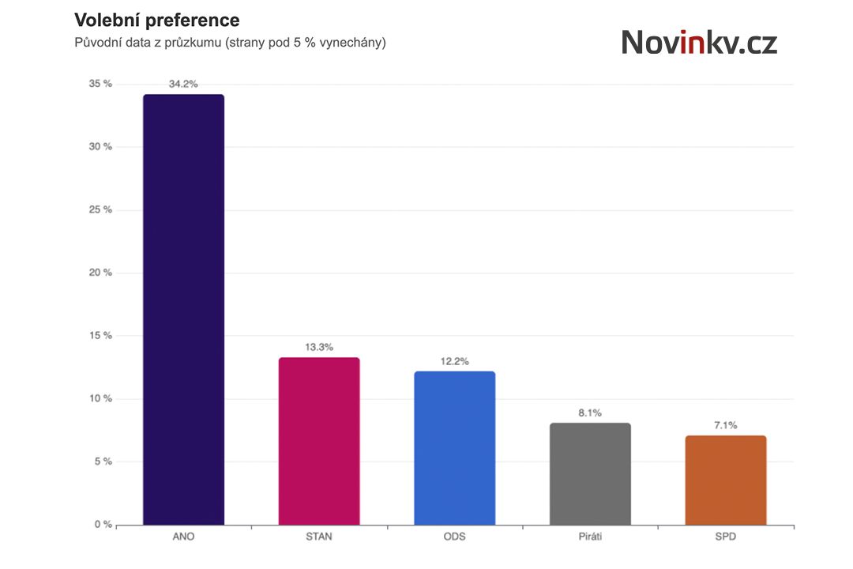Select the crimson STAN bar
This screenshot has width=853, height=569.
tap(319, 441)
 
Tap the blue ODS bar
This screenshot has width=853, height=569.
tap(454, 448)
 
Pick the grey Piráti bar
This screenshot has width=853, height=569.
tap(590, 474)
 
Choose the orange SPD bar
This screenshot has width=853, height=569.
tap(725, 480)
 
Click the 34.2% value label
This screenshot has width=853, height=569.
tap(183, 83)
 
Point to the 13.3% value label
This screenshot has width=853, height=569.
tap(319, 347)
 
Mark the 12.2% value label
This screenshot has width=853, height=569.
tap(454, 361)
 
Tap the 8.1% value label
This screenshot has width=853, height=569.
tap(590, 413)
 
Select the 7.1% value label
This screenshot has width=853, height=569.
tap(725, 425)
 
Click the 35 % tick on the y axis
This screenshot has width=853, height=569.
tap(101, 84)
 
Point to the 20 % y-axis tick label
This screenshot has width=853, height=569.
tap(101, 273)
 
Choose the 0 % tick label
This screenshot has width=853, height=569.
tap(103, 525)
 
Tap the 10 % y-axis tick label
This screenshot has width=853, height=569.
tap(101, 398)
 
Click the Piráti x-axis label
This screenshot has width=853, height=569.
tap(590, 537)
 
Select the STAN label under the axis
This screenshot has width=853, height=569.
tap(319, 537)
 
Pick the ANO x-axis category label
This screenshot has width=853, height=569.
tap(183, 537)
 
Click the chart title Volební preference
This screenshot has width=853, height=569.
tap(156, 21)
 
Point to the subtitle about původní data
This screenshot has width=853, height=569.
tap(230, 43)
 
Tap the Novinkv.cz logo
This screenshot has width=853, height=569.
tap(699, 42)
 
